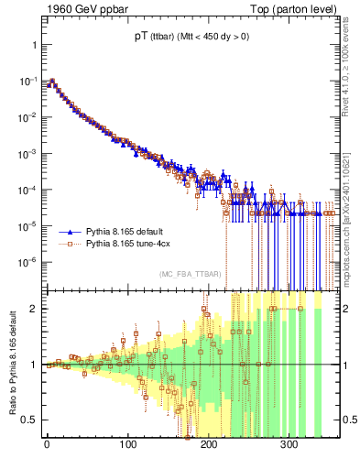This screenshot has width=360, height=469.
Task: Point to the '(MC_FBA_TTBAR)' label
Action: (x=191, y=274)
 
